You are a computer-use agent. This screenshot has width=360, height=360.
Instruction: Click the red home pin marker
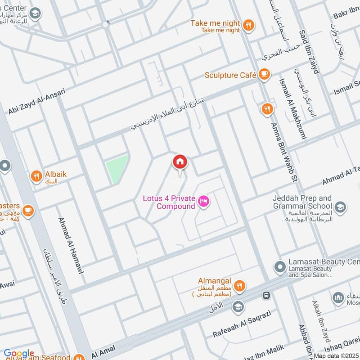click(180, 162)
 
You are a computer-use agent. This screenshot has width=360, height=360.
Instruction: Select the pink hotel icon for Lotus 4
click(204, 202)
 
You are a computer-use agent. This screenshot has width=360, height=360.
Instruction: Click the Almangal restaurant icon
click(240, 285)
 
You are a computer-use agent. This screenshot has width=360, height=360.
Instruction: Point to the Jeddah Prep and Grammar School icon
click(341, 206)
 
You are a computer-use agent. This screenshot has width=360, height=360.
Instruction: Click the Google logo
click(19, 353)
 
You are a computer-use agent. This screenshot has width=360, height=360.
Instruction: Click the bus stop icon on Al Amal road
click(266, 296)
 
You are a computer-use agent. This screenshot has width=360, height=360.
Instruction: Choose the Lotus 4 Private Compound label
click(169, 202)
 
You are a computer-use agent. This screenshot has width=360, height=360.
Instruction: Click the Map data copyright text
click(336, 355)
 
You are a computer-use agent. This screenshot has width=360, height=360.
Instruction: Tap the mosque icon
click(338, 298)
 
